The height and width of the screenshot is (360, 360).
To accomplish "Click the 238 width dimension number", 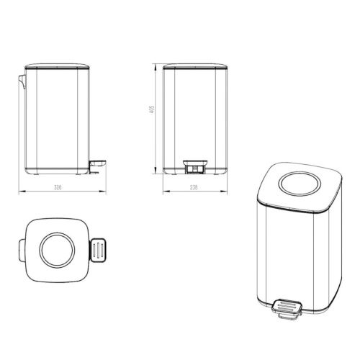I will click(194, 186).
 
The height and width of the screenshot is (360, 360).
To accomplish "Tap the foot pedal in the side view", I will click(99, 167).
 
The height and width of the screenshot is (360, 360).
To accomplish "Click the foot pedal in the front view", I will click(194, 167).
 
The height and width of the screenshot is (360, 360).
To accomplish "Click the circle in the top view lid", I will click(55, 251).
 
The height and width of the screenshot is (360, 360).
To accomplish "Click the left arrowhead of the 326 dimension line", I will click(19, 192).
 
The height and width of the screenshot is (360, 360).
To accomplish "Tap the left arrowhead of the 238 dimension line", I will click(163, 192).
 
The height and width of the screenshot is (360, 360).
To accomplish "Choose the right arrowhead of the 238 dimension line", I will click(224, 192).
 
